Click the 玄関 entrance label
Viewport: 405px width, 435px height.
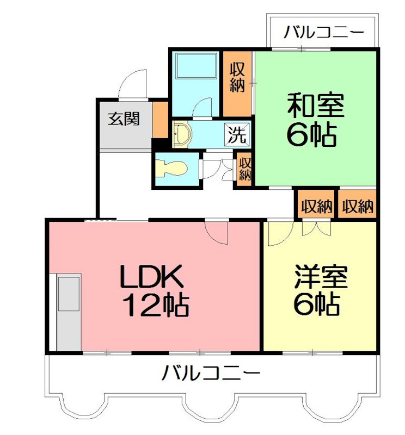pyautogui.click(x=123, y=118)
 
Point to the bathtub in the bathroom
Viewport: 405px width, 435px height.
pyautogui.click(x=196, y=69)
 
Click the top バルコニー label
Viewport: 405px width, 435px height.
pyautogui.click(x=323, y=33)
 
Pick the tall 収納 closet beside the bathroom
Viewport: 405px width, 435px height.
pyautogui.click(x=237, y=83)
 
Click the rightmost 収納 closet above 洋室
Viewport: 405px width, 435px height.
pyautogui.click(x=357, y=206)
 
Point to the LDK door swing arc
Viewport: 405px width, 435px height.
pyautogui.click(x=218, y=233)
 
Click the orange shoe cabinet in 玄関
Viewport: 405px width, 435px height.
pyautogui.click(x=160, y=119)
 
